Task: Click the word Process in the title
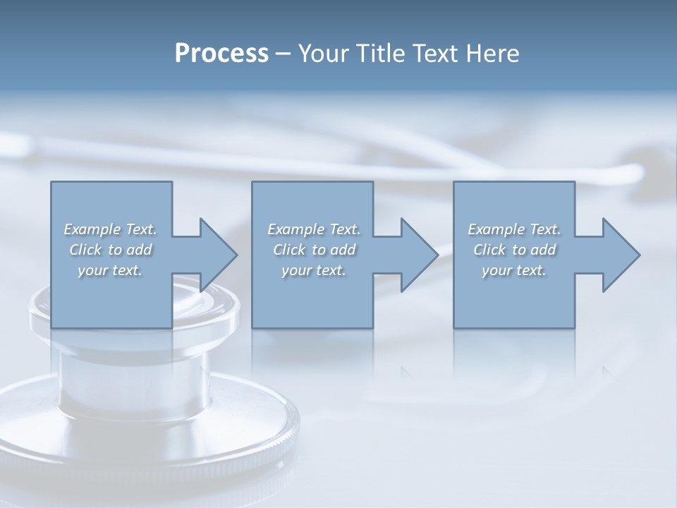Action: pyautogui.click(x=221, y=54)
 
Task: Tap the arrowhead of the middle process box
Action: pyautogui.click(x=418, y=255)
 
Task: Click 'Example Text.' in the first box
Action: pyautogui.click(x=111, y=229)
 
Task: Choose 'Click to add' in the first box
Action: pyautogui.click(x=111, y=250)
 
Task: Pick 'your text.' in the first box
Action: pyautogui.click(x=111, y=270)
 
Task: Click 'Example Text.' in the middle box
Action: pyautogui.click(x=314, y=229)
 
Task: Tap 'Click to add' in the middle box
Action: pyautogui.click(x=314, y=250)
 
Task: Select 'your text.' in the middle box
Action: pyautogui.click(x=314, y=270)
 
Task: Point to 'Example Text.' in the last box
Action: pyautogui.click(x=514, y=229)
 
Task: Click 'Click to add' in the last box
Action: pyautogui.click(x=514, y=250)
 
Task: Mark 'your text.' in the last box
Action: pyautogui.click(x=514, y=270)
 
